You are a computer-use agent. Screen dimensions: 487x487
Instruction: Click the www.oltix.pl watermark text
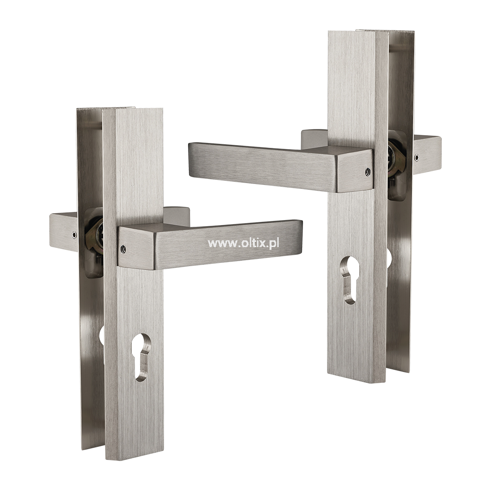coord(243,243)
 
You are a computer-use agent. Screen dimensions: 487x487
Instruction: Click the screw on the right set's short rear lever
coord(416,158)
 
